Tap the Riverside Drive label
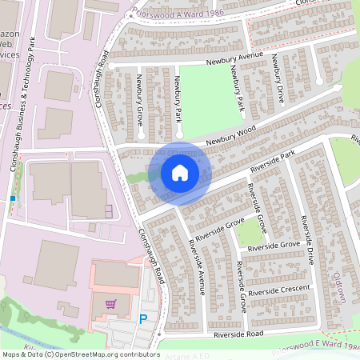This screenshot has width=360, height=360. click(306, 239)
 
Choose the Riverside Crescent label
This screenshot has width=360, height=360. click(278, 293)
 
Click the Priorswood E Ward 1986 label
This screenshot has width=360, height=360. click(316, 348)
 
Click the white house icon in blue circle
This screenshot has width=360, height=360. click(179, 173)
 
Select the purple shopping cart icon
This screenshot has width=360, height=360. click(111, 303)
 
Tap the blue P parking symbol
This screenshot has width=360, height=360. click(143, 319)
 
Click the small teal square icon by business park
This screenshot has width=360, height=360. click(12, 197)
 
